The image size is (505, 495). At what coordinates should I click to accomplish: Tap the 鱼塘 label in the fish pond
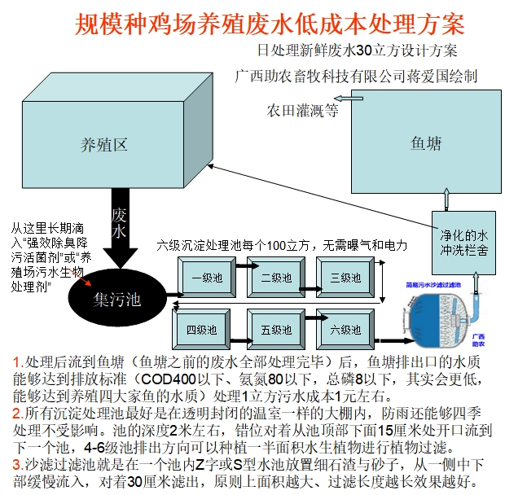tap(426, 144)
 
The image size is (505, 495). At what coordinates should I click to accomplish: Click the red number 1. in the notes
tap(19, 361)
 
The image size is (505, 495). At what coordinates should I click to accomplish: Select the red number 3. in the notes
tap(19, 465)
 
